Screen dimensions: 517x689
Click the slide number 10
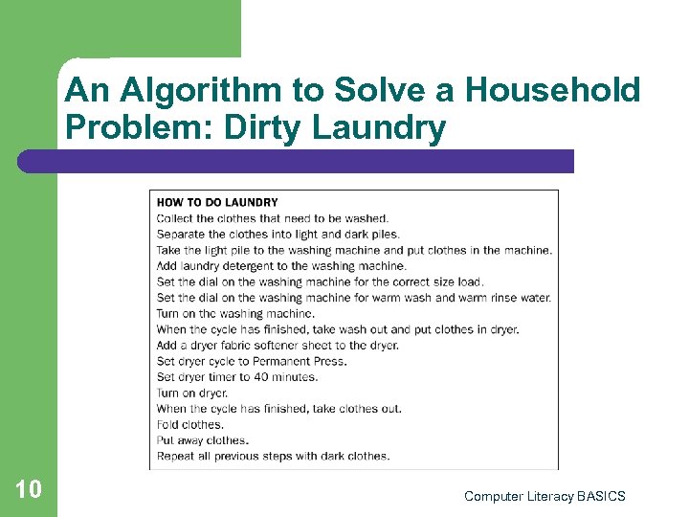pos(29,490)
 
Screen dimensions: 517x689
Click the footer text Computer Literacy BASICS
pos(544,496)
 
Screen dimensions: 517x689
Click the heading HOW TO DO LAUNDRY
pos(217,202)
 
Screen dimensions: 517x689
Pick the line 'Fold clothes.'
pos(189,424)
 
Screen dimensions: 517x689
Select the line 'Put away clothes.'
pos(202,440)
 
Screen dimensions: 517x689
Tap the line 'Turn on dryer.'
pos(191,393)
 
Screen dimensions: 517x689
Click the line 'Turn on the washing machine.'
pos(234,313)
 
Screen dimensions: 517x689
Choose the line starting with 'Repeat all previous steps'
pos(273,456)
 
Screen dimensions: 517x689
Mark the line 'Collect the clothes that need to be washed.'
pos(273,218)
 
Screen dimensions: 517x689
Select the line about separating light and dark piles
pos(278,234)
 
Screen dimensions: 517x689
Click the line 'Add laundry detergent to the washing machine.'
pos(281,265)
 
